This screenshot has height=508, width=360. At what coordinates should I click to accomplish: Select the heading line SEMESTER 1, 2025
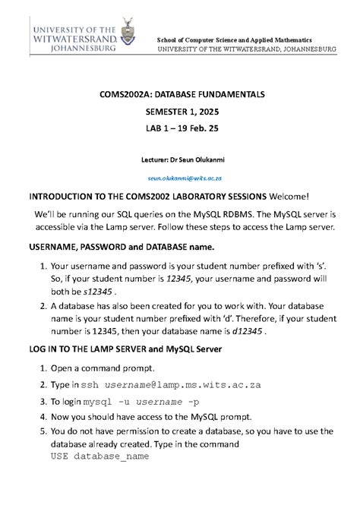180,112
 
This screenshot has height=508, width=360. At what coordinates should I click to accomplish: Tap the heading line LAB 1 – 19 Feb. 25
180,129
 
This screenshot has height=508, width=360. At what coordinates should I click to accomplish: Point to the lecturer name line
179,160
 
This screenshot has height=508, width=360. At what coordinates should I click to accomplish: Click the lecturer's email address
179,177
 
